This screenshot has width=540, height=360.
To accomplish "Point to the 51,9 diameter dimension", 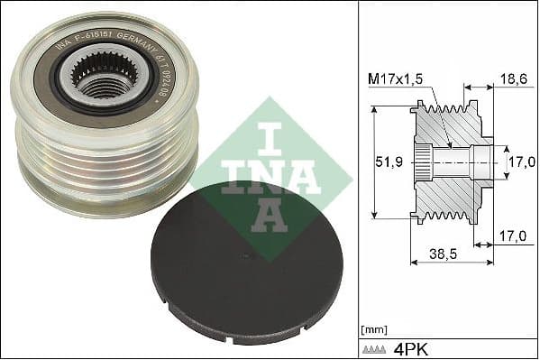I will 386,163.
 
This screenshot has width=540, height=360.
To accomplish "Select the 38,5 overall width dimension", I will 441,255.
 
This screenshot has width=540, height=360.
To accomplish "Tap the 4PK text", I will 414,348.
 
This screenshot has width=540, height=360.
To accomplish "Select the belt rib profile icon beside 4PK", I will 377,348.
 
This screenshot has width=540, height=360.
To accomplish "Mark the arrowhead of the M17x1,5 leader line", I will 450,144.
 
